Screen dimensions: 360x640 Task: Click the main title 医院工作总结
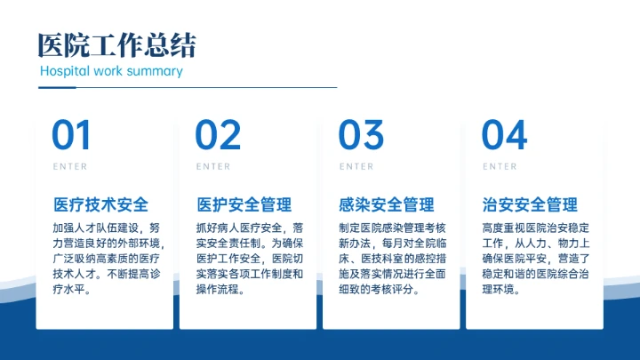coord(117,44)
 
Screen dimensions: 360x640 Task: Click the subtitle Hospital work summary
coord(111,71)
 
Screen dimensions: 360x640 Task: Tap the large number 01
coord(71,135)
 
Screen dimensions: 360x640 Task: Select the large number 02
coord(218,135)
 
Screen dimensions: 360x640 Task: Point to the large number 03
coord(361,135)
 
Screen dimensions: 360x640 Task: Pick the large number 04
coord(504,135)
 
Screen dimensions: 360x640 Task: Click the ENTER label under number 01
coord(70,166)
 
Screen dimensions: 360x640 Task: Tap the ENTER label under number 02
coord(213,166)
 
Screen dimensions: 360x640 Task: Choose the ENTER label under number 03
coord(356,166)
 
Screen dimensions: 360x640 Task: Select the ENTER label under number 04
coord(500,166)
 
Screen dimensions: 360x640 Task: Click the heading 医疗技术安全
coord(100,205)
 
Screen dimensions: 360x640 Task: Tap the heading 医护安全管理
coord(244,205)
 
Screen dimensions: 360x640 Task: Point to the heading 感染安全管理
coord(387,205)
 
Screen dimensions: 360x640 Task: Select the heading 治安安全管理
coord(530,205)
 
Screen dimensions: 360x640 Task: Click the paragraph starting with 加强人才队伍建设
coord(106,259)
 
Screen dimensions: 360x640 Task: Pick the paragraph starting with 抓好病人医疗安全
coord(249,259)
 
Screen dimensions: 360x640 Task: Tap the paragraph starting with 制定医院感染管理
coord(392,259)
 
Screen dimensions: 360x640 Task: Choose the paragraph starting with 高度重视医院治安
coord(535,259)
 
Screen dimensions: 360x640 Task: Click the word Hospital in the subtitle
coord(65,71)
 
